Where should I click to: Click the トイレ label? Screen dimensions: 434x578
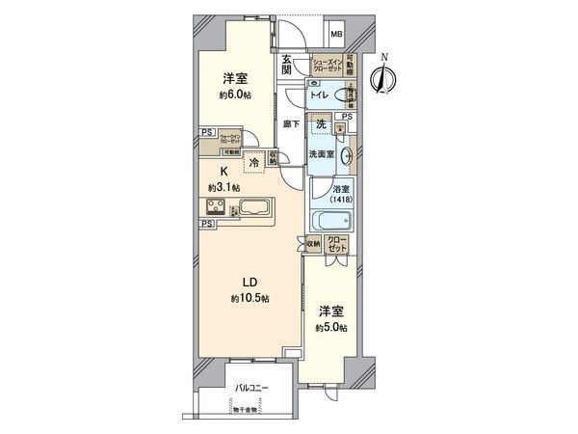coord(319,96)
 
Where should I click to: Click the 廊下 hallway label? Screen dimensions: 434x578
coord(289,124)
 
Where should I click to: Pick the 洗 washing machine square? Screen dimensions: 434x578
coord(321,123)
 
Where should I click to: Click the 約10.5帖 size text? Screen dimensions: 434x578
coord(250,299)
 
